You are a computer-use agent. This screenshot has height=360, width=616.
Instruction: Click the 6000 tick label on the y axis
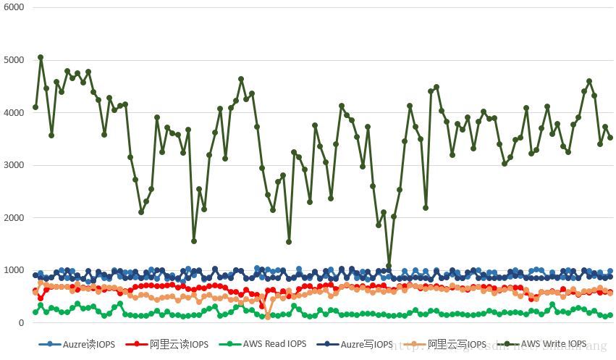click(x=14, y=7)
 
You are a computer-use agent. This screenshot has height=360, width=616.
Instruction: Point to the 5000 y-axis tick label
click(x=14, y=60)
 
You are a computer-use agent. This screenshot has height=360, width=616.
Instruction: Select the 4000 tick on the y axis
click(x=14, y=112)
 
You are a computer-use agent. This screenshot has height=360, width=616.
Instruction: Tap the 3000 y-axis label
click(x=14, y=165)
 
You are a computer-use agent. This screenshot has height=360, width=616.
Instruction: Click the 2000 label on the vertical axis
click(x=14, y=217)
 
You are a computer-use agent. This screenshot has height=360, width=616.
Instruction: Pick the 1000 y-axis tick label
click(x=14, y=270)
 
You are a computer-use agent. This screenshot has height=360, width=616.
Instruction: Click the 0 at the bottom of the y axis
click(x=21, y=323)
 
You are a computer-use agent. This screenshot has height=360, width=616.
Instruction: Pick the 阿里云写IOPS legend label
click(x=457, y=344)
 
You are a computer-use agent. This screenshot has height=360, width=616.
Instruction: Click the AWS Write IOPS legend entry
click(x=553, y=344)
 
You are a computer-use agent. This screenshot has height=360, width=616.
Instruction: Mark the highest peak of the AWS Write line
click(x=41, y=57)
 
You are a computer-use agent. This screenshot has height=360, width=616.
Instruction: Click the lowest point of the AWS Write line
click(x=389, y=266)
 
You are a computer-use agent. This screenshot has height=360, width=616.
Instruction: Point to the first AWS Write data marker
click(x=35, y=107)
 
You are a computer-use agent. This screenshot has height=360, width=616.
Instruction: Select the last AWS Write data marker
click(x=610, y=138)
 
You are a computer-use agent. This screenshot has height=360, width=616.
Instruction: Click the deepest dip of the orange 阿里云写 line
click(x=268, y=317)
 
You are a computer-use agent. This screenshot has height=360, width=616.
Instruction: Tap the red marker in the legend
click(x=135, y=344)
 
